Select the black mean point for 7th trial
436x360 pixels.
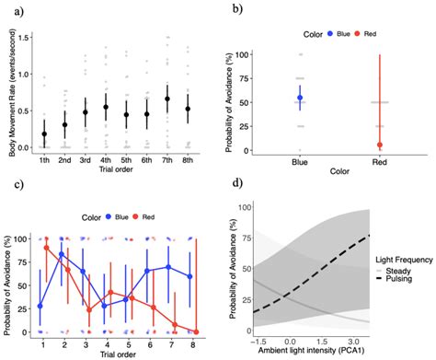(x=166, y=99)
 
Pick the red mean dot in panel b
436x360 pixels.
(x=378, y=145)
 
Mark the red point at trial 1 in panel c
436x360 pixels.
(x=44, y=247)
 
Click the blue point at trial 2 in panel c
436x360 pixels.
(x=62, y=254)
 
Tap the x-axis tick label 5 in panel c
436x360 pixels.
(x=134, y=341)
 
